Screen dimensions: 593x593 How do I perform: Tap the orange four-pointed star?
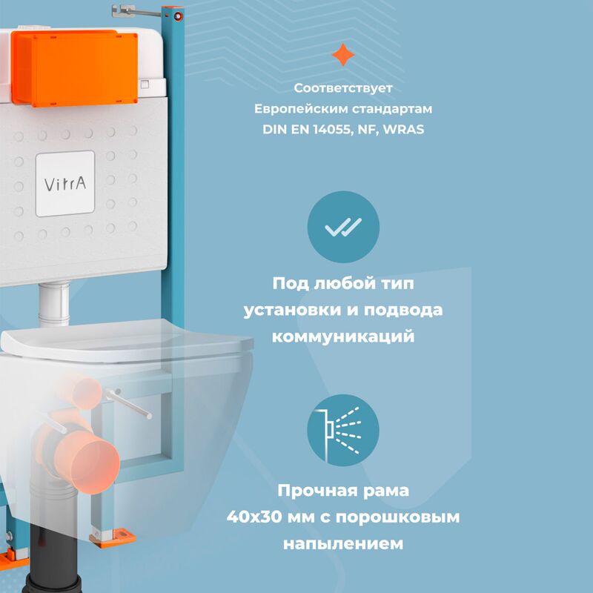342,55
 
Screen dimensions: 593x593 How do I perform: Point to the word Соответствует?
342,88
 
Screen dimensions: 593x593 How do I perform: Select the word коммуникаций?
342,336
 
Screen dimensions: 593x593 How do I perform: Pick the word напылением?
342,543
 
